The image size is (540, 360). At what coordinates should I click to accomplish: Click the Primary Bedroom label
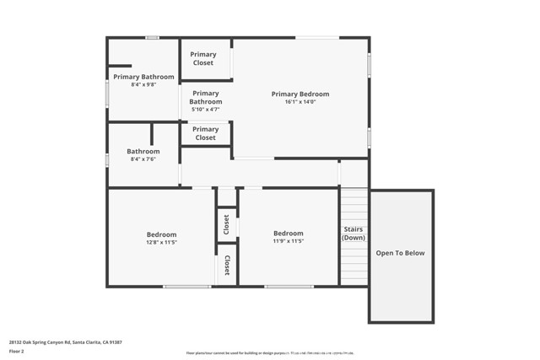pos(300,94)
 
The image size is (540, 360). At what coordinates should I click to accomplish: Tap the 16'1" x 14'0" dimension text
pos(300,102)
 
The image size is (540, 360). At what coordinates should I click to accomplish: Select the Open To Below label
pos(400,253)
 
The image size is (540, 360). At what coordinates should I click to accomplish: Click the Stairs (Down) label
pos(354,233)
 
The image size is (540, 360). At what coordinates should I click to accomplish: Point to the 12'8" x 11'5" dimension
pos(161,243)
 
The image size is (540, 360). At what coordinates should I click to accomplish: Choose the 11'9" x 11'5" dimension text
pos(288,242)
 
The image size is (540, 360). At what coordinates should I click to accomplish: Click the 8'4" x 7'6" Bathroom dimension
pos(143,160)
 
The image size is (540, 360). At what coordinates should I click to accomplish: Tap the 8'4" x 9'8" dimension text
pos(143,85)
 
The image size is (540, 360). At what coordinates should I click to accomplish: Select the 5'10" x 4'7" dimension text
pos(205,110)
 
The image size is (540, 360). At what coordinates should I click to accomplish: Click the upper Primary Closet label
pos(202,58)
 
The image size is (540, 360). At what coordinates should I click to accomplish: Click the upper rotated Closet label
pos(226,224)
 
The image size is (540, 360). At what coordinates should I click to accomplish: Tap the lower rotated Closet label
pos(226,266)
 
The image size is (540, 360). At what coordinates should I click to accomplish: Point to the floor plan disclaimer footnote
pos(269,353)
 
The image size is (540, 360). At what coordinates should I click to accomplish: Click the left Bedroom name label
pos(161,234)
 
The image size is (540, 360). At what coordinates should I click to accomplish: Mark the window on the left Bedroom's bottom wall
pos(186,287)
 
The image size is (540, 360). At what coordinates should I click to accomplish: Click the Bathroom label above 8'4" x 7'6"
pos(143,152)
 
